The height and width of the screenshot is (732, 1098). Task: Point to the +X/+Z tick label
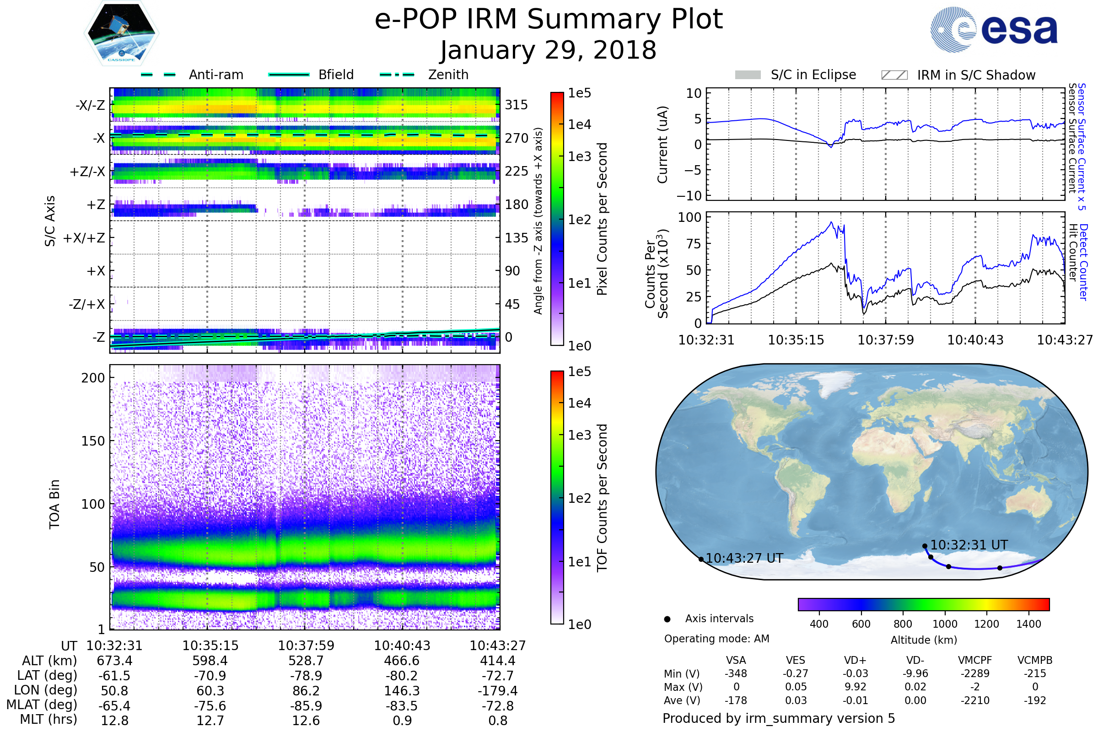point(84,238)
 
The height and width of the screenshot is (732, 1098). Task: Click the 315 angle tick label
point(516,105)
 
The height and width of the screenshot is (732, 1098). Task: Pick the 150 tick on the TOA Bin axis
point(93,441)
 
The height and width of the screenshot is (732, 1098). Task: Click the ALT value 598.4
point(210,661)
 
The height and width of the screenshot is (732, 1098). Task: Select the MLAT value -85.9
point(306,705)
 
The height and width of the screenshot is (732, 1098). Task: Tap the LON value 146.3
point(402,690)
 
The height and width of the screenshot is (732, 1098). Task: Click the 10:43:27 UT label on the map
point(744,558)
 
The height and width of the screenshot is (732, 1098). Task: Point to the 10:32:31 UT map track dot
point(925,546)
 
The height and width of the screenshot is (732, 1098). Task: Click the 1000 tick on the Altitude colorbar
point(945,624)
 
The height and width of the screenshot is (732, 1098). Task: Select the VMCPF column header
point(975,660)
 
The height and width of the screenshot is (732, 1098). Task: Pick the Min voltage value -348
point(736,673)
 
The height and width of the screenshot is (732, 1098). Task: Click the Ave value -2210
point(975,700)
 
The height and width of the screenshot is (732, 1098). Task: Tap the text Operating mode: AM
point(716,639)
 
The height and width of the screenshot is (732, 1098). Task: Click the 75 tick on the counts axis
point(694,244)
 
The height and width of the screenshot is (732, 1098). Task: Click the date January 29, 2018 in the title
point(549,50)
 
